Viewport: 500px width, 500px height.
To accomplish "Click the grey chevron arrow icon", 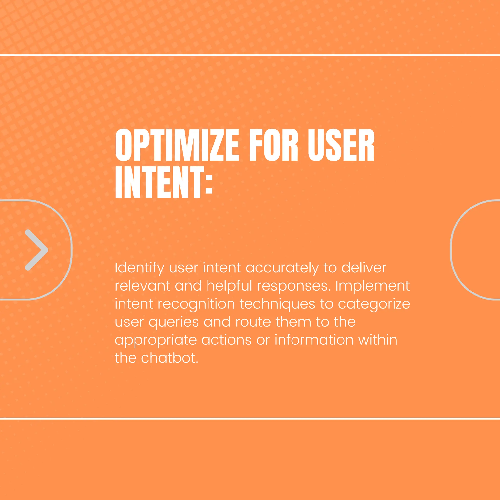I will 36,250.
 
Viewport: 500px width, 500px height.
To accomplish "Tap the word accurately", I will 282,268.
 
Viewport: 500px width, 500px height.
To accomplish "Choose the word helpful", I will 229,286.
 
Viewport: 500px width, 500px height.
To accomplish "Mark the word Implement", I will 373,286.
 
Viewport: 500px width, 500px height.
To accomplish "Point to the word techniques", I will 277,304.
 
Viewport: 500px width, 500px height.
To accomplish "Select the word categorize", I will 374,304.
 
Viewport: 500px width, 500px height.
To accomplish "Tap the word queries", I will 173,323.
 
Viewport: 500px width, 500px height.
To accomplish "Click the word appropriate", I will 156,341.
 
